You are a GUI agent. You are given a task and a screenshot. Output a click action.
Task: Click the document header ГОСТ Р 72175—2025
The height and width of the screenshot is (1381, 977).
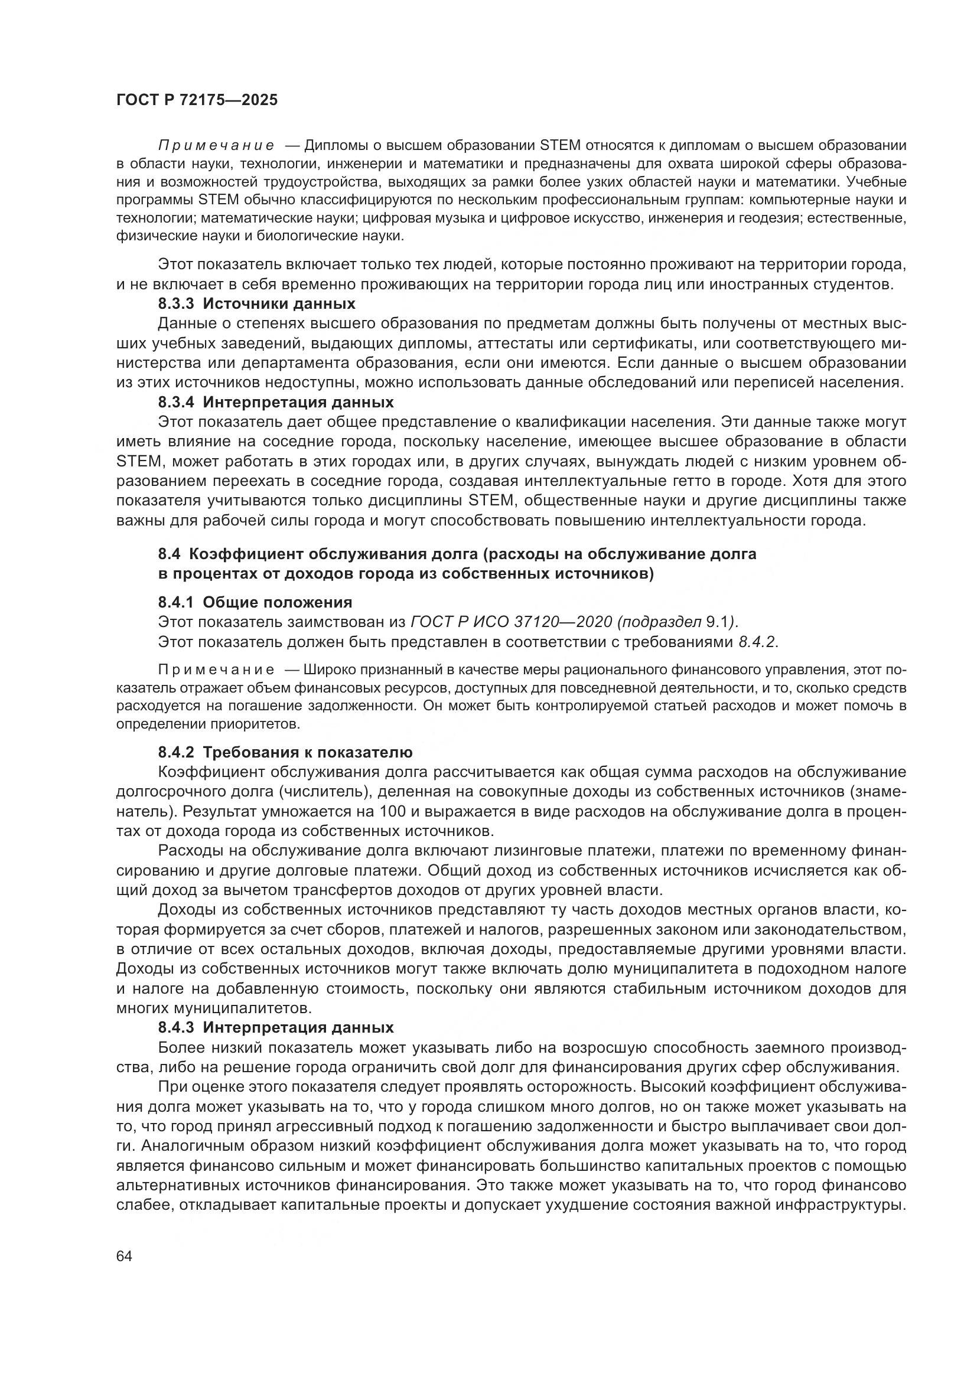point(197,100)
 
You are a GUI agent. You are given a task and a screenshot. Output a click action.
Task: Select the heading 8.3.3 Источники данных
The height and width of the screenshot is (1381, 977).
point(256,303)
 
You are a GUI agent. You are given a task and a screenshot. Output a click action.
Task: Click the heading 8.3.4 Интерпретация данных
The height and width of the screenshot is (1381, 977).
point(275,402)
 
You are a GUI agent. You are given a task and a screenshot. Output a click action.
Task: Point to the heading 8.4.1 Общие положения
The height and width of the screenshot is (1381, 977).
point(255,602)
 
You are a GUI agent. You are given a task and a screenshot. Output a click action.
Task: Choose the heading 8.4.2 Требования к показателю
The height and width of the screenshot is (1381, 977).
point(285,752)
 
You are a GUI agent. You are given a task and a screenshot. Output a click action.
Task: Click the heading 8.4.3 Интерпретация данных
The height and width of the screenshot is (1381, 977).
point(275,1027)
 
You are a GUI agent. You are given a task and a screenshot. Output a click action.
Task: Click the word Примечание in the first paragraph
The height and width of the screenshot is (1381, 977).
point(216,146)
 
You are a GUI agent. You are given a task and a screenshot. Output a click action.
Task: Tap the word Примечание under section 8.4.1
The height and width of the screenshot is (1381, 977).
point(216,670)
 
